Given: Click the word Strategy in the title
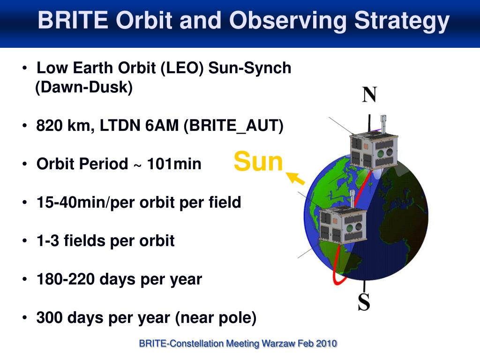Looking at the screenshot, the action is tap(402, 22).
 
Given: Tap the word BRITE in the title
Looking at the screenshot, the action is tap(73, 20).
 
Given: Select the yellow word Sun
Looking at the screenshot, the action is tap(258, 161).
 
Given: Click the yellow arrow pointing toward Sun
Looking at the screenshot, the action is tap(295, 178).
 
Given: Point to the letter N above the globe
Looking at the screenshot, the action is tap(369, 94).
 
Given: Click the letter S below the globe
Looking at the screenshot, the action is tap(364, 302).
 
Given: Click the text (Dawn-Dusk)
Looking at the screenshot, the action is tap(84, 87).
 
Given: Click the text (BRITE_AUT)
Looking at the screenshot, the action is tap(233, 126).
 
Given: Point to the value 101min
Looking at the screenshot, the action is tap(174, 164).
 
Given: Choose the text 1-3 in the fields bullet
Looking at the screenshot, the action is tap(47, 240).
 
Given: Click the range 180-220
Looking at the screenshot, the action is tap(66, 279).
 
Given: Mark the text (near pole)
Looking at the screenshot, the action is tap(216, 318).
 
